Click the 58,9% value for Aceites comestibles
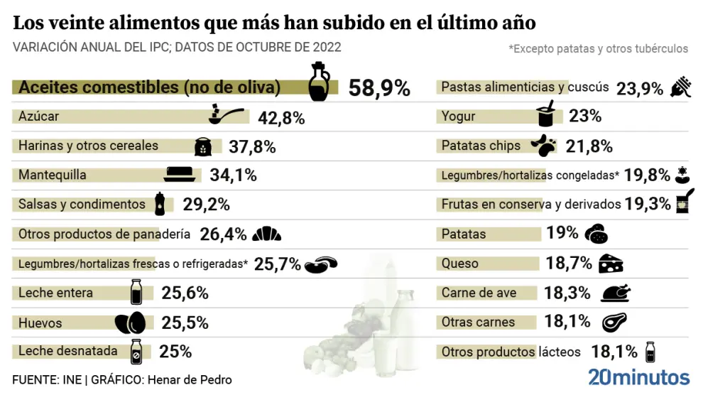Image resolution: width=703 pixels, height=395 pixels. click(x=379, y=88)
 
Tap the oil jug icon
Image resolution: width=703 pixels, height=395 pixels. click(x=319, y=82)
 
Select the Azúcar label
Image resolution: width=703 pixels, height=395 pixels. click(x=39, y=117)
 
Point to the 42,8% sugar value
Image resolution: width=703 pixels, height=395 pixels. click(x=280, y=118)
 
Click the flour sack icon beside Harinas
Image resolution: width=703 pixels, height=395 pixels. click(x=203, y=147)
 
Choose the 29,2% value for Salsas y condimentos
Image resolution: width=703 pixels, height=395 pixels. click(x=206, y=205)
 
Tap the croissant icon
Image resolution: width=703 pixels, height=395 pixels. click(x=266, y=234)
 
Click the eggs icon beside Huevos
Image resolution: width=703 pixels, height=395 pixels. click(x=130, y=323)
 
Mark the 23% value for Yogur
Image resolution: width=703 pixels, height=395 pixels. click(x=584, y=116)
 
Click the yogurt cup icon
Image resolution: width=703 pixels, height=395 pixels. click(x=546, y=114)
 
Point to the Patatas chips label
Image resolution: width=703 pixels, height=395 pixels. click(x=481, y=146)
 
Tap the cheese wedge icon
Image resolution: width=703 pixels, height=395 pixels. click(x=610, y=264)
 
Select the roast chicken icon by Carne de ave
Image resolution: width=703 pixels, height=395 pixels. click(x=615, y=293)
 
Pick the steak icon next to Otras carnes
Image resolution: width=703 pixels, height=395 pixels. click(x=614, y=323)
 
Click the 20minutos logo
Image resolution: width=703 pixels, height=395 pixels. click(x=638, y=377)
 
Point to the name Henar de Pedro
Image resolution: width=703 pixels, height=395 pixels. click(x=190, y=380)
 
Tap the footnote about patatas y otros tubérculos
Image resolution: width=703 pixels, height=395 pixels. click(x=598, y=49)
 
